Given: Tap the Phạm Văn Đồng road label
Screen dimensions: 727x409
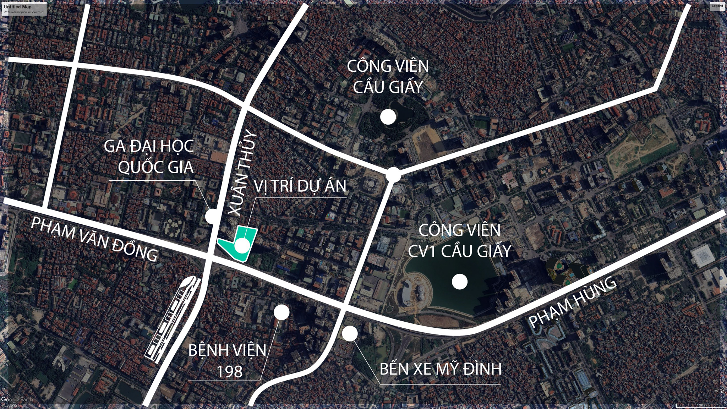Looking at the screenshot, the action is coord(94,240).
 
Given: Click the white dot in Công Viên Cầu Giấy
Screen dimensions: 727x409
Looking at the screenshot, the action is coord(388,117).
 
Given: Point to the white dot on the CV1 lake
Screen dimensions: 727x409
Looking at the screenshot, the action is coord(460,282).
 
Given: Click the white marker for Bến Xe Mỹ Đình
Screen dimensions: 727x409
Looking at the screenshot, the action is coord(350,333).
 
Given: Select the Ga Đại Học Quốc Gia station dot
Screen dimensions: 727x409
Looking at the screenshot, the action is coord(212,216).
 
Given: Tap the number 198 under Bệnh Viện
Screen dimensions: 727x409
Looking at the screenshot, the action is coord(229,371).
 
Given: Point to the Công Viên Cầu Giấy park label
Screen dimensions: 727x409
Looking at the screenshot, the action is coord(388,76).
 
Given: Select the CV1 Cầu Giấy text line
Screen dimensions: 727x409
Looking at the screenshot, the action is coord(459,251).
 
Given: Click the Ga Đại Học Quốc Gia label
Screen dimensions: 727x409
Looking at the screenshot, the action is coord(149,157).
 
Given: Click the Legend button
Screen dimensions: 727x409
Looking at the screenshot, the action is coord(717,6).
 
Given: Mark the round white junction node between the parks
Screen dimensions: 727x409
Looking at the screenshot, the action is coord(393,175).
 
